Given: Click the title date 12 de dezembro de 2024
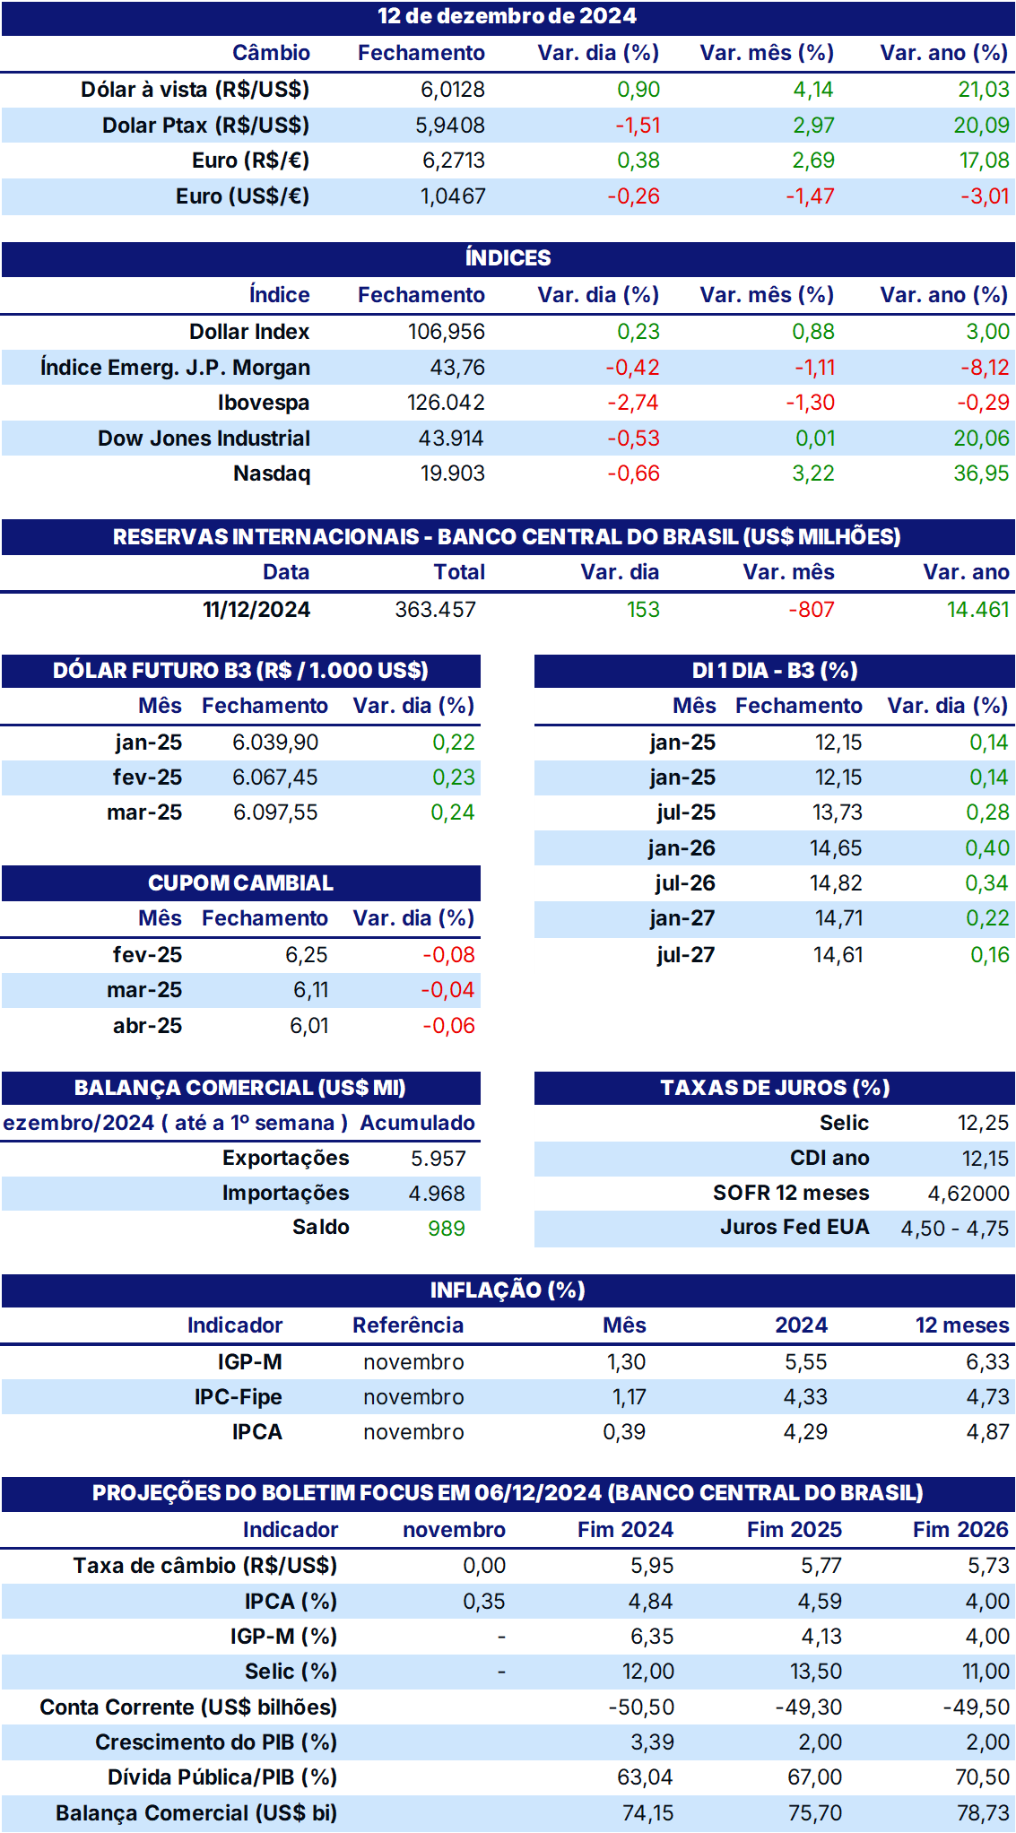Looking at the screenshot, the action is pyautogui.click(x=507, y=16).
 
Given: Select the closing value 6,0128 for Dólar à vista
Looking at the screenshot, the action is pyautogui.click(x=453, y=90).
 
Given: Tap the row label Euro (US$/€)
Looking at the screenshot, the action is pyautogui.click(x=242, y=196).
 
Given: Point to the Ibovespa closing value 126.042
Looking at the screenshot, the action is pyautogui.click(x=446, y=403).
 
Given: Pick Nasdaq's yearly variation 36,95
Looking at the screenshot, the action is pyautogui.click(x=981, y=473).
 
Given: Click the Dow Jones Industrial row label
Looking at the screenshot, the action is pyautogui.click(x=204, y=439).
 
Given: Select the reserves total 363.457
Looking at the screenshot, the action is pyautogui.click(x=436, y=610).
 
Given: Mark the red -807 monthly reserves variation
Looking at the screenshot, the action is pyautogui.click(x=812, y=610).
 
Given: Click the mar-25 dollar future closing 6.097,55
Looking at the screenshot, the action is pyautogui.click(x=275, y=812).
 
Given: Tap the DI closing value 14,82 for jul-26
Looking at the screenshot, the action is pyautogui.click(x=836, y=883).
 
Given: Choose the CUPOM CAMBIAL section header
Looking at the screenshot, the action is pyautogui.click(x=240, y=883).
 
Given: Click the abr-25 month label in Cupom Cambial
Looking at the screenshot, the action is pyautogui.click(x=147, y=1026).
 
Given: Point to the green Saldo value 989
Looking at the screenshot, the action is pyautogui.click(x=447, y=1229).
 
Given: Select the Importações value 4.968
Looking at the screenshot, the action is pyautogui.click(x=437, y=1194).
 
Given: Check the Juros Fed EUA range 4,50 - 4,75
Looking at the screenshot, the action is pyautogui.click(x=955, y=1229).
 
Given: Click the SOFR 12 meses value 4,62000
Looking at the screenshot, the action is pyautogui.click(x=968, y=1194).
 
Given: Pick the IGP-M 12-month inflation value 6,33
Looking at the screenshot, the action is pyautogui.click(x=987, y=1362).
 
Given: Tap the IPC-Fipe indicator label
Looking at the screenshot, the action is pyautogui.click(x=238, y=1397).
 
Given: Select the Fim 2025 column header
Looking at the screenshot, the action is pyautogui.click(x=795, y=1530).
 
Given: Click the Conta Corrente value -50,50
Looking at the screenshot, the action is pyautogui.click(x=641, y=1707).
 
